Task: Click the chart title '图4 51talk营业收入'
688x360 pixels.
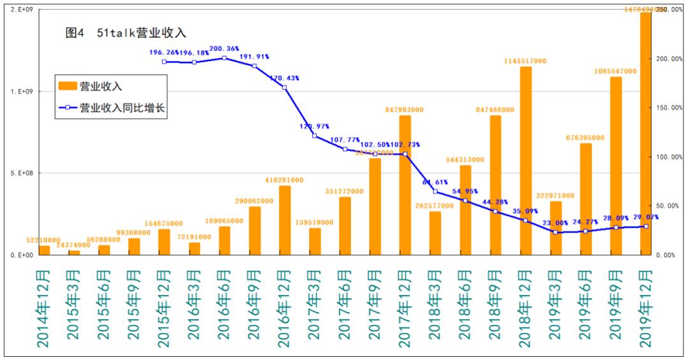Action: pyautogui.click(x=125, y=32)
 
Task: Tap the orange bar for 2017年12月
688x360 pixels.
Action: pyautogui.click(x=405, y=185)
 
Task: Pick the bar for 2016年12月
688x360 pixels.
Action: pyautogui.click(x=285, y=220)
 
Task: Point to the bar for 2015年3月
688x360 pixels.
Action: pyautogui.click(x=75, y=252)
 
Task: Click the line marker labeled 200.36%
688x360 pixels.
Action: pyautogui.click(x=224, y=58)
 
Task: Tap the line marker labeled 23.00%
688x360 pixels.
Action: pyautogui.click(x=555, y=232)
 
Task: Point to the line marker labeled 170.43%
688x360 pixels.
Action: pyautogui.click(x=284, y=87)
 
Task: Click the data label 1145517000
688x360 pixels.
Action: pyautogui.click(x=524, y=61)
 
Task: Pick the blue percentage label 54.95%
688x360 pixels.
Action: pyautogui.click(x=465, y=191)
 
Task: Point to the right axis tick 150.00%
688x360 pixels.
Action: pyautogui.click(x=669, y=108)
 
